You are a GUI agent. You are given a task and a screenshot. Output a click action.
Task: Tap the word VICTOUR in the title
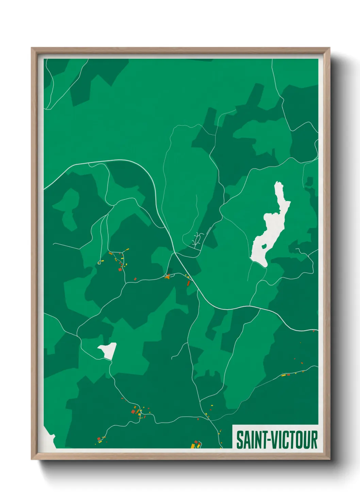[295, 440]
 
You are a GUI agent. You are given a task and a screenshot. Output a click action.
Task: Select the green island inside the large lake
[264, 246]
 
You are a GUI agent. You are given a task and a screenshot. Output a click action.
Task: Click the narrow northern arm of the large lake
[279, 194]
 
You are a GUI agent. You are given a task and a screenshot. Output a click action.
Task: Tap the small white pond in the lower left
[108, 350]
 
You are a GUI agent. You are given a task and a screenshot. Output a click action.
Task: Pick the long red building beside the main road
[188, 283]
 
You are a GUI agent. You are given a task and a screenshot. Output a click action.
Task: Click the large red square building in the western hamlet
[120, 269]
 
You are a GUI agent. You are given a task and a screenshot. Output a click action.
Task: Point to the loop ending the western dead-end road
[99, 262]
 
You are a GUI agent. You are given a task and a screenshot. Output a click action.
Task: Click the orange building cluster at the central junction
[167, 277]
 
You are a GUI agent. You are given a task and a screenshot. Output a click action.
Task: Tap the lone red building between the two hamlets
[135, 279]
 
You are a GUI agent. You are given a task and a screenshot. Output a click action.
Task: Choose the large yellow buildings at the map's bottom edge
[194, 444]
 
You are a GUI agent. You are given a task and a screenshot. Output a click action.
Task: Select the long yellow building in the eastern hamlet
[283, 375]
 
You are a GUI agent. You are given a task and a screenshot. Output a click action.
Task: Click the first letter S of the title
[239, 440]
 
